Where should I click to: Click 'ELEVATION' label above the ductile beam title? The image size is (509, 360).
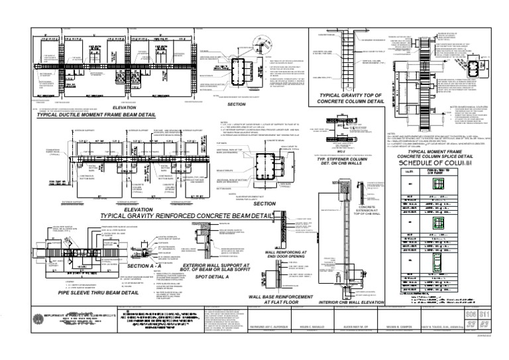pos(124,107)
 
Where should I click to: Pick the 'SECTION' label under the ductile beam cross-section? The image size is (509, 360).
pos(236,104)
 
